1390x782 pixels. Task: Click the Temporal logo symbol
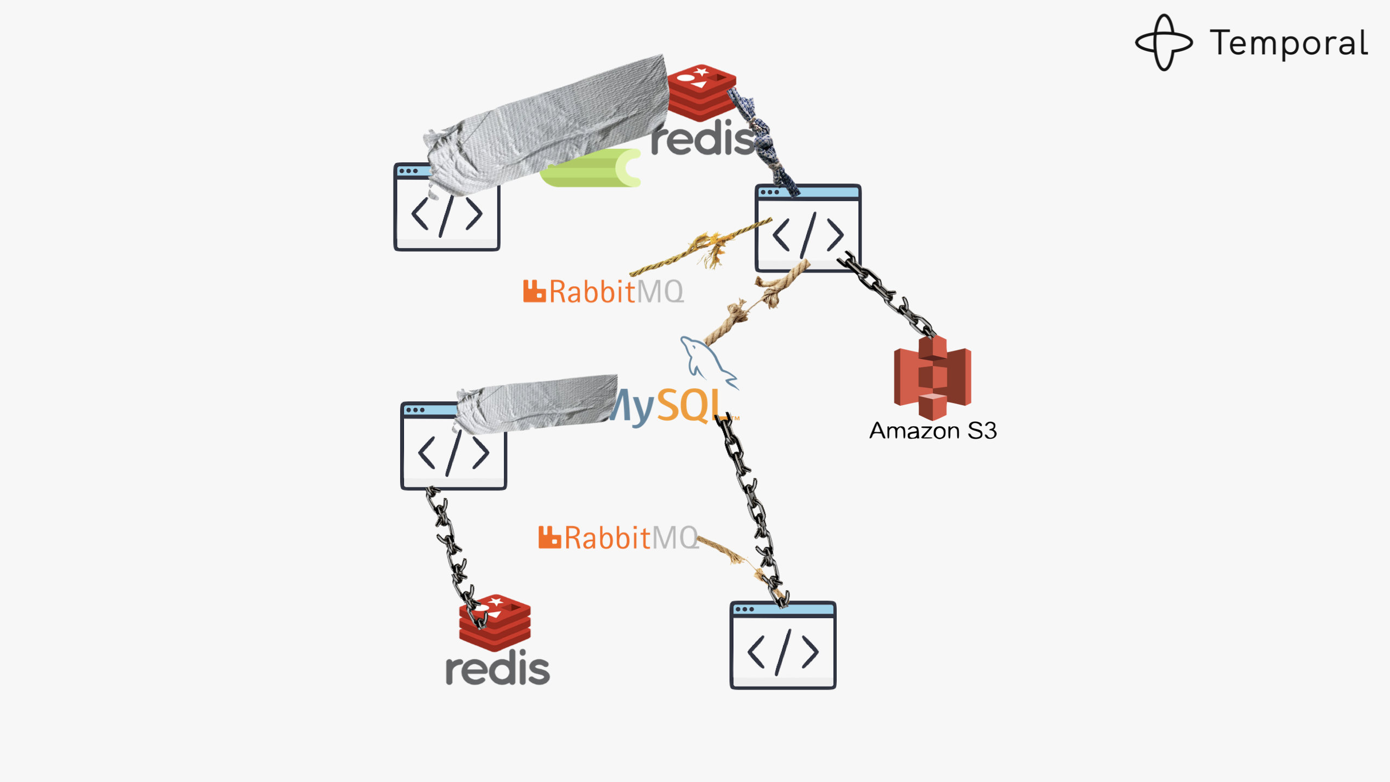click(x=1164, y=42)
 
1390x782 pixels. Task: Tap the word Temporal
click(x=1288, y=43)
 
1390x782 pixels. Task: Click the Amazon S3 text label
click(x=933, y=431)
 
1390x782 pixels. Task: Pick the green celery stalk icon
click(x=592, y=168)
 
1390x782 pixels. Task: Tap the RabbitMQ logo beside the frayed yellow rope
click(x=603, y=292)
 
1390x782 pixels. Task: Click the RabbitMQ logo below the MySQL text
click(x=618, y=538)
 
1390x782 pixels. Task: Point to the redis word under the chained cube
click(x=497, y=669)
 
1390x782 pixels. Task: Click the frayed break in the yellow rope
click(x=709, y=247)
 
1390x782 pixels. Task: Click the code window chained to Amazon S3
click(x=808, y=228)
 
